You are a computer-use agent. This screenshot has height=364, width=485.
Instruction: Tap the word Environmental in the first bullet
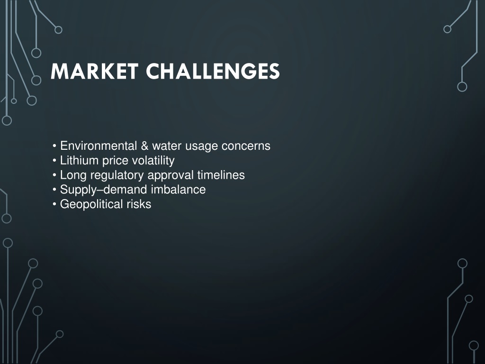point(99,146)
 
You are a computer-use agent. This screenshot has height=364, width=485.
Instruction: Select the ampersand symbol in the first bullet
point(144,146)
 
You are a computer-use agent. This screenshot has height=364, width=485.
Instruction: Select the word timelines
point(221,175)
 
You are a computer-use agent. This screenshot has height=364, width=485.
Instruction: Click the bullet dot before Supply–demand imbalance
point(54,190)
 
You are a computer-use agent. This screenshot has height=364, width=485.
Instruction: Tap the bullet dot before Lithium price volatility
point(54,160)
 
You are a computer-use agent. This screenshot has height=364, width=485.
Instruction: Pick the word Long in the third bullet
point(73,175)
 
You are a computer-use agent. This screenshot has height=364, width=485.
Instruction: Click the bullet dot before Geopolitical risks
point(54,204)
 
